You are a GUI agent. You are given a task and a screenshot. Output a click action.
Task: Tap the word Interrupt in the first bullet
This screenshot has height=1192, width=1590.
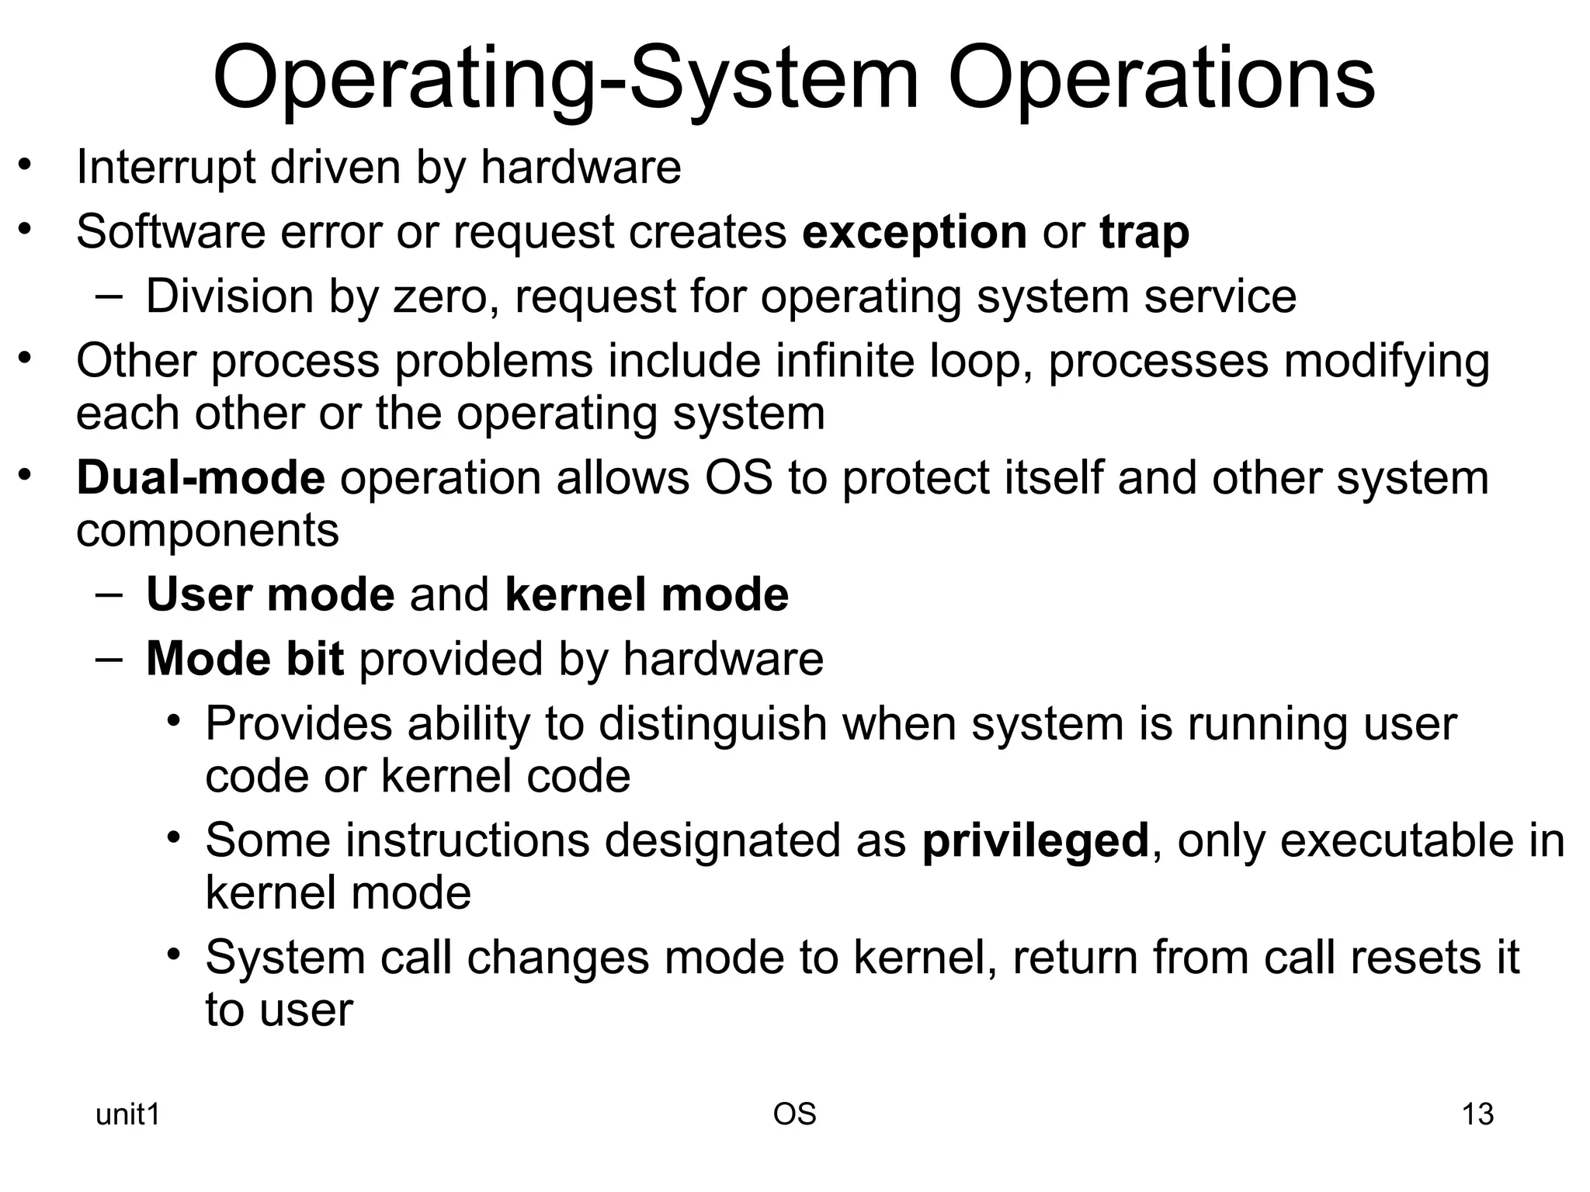[165, 167]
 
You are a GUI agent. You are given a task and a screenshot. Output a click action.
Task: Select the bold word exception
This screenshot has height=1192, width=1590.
[915, 232]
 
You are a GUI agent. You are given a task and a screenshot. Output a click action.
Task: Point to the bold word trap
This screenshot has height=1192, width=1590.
[1144, 232]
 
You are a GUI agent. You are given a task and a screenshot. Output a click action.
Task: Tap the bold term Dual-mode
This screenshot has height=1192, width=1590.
[200, 477]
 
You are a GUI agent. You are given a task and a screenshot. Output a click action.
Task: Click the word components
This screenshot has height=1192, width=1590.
[207, 531]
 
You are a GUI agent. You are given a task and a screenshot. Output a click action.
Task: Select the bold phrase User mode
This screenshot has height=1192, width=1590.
[270, 594]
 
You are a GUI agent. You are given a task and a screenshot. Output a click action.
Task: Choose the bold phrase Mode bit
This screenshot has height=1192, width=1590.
[245, 659]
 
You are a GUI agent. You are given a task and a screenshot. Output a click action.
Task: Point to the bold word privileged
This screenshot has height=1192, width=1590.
[1035, 840]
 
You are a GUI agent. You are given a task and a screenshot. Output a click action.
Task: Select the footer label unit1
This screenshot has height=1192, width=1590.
[127, 1114]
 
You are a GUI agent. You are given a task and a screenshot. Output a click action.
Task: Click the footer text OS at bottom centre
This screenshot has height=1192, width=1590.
[794, 1114]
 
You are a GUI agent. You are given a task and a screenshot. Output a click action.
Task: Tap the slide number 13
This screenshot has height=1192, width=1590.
[1477, 1114]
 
